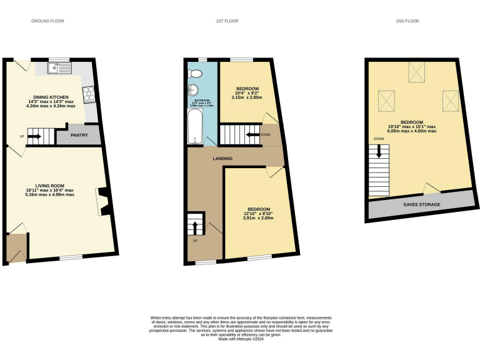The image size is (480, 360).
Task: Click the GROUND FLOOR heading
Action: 47,21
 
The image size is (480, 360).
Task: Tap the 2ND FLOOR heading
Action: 407,21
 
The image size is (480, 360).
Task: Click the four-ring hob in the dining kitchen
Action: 89,94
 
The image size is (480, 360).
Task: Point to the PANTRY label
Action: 79,135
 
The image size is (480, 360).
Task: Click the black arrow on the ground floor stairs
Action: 33,136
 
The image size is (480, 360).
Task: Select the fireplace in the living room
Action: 103,202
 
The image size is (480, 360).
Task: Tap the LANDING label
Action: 222,159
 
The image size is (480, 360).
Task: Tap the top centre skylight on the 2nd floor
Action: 416,72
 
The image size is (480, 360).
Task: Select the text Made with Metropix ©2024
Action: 240,339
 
